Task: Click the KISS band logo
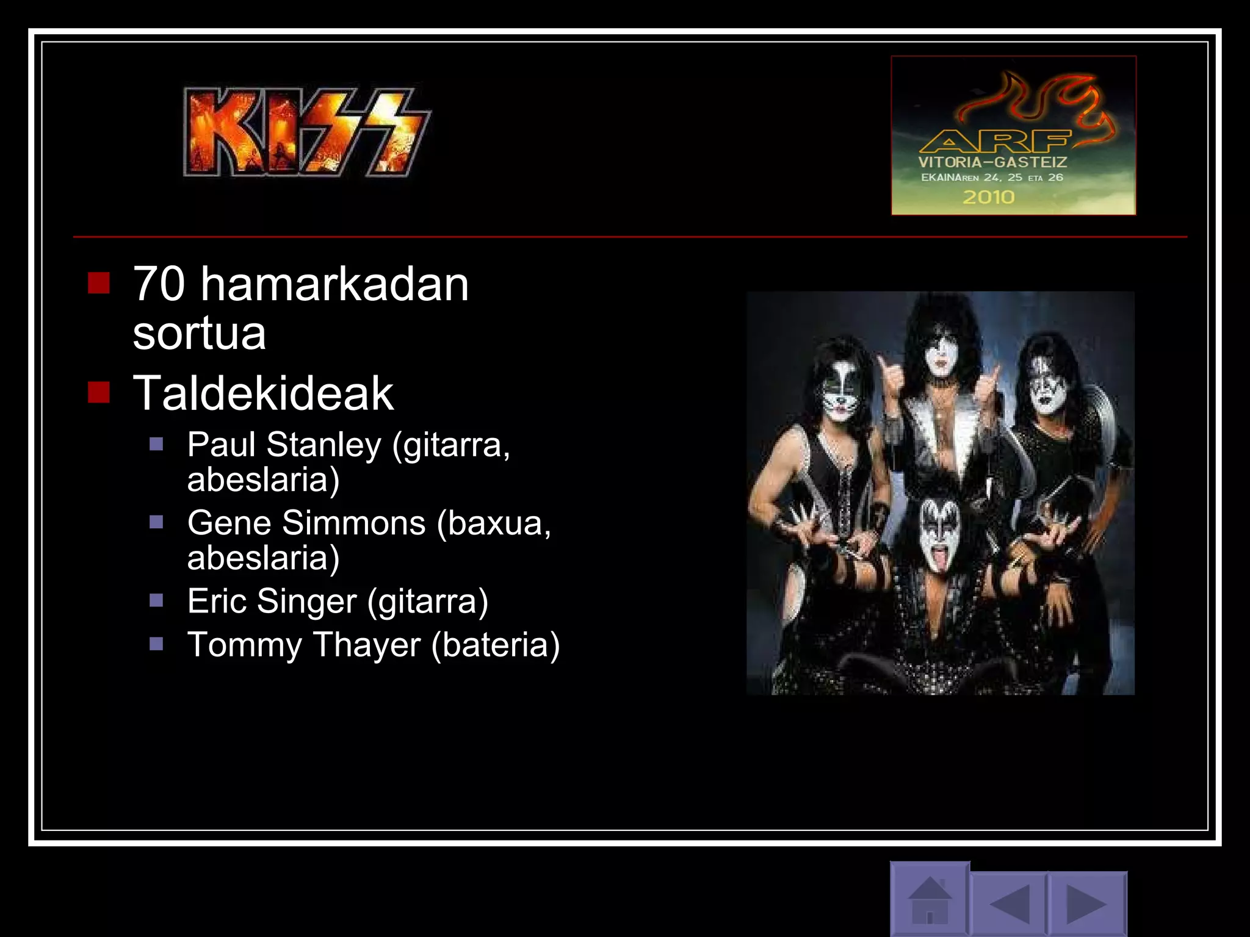[x=306, y=132]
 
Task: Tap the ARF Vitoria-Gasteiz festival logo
[x=1013, y=135]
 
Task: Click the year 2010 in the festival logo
[x=988, y=197]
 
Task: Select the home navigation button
[x=930, y=899]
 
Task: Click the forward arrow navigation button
[x=1086, y=903]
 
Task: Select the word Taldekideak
[x=263, y=393]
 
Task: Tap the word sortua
[x=199, y=334]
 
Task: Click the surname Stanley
[x=323, y=445]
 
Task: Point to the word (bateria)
[x=495, y=645]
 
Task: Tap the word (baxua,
[x=494, y=523]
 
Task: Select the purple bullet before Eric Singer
[x=156, y=600]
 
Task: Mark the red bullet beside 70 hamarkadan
[x=98, y=283]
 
